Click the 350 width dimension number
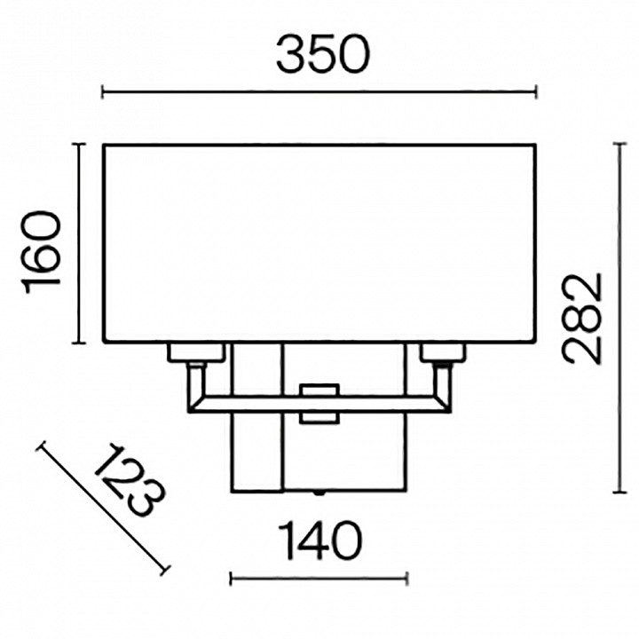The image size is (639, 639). click(320, 55)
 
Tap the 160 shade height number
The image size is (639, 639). click(43, 249)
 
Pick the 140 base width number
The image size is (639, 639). click(319, 540)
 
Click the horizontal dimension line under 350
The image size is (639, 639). click(319, 91)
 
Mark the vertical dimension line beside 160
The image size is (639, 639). click(80, 244)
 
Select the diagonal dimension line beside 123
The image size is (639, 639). click(102, 509)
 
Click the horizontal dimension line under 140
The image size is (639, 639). click(319, 579)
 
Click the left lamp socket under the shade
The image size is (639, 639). click(193, 353)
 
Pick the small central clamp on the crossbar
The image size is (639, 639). click(319, 402)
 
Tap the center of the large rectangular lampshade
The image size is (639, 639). click(319, 243)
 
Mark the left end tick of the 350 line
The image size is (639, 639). click(104, 91)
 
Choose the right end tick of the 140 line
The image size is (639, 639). click(406, 579)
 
